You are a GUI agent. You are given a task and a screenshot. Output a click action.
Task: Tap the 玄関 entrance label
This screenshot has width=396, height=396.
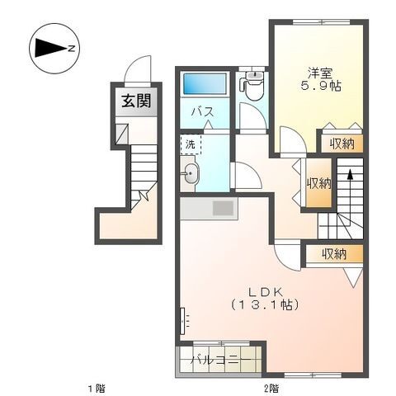point(136,101)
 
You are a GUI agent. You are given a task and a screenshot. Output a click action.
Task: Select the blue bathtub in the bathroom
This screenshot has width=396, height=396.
point(203,83)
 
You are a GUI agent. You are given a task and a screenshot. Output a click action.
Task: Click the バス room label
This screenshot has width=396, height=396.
point(203,112)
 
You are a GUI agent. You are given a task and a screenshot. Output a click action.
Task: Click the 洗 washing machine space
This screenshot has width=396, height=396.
point(191,144)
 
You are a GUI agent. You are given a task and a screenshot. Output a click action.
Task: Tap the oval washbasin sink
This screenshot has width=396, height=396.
point(191,173)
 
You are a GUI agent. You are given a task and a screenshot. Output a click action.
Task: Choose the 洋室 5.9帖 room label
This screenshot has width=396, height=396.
point(321,79)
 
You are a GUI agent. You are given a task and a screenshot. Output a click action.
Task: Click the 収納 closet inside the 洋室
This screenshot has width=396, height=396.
point(342,144)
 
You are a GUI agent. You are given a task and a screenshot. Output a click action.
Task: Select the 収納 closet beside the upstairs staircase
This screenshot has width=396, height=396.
point(319,183)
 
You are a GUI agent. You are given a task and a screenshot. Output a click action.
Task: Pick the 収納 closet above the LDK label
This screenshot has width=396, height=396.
point(334,254)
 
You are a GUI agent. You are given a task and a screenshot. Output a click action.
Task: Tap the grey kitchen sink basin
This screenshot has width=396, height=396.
point(223,208)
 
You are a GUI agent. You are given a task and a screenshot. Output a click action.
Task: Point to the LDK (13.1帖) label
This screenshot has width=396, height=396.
point(265,299)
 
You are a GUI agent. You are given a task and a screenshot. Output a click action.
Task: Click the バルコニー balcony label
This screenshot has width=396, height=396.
point(220,360)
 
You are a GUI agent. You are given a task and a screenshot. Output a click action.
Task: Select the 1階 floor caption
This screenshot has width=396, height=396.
point(97,389)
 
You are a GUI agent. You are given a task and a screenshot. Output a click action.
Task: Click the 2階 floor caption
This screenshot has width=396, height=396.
point(271,389)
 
